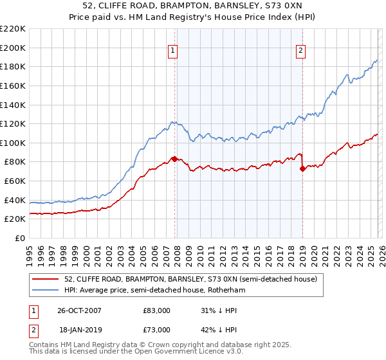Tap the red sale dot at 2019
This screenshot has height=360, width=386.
[302, 169]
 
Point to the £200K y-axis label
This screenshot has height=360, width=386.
[13, 48]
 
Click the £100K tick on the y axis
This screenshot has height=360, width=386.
[13, 143]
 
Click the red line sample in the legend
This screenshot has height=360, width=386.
[46, 280]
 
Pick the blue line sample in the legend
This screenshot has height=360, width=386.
[46, 291]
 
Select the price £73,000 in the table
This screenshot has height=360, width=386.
[157, 330]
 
